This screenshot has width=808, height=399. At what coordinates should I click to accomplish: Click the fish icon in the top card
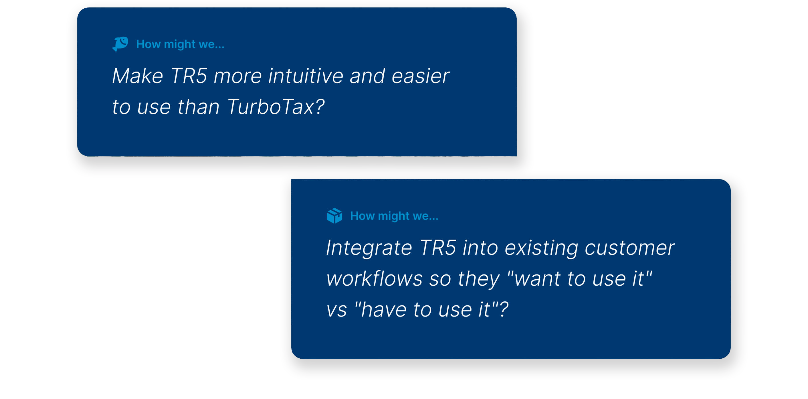click(120, 44)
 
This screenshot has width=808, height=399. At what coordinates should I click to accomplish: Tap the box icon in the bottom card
click(334, 216)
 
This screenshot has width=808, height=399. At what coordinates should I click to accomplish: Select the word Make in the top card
click(138, 76)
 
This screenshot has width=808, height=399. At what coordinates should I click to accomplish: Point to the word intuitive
click(306, 76)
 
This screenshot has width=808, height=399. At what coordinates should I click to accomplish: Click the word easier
click(420, 76)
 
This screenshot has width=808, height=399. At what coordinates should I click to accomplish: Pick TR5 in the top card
click(189, 76)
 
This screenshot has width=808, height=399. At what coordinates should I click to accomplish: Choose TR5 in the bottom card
click(438, 248)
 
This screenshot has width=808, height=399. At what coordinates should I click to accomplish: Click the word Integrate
click(369, 248)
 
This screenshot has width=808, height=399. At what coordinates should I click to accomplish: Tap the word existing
click(541, 248)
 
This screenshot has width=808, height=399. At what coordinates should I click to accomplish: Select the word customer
click(629, 248)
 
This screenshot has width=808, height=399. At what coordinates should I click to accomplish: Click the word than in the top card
click(199, 107)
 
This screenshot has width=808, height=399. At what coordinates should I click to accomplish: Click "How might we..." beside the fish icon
click(180, 44)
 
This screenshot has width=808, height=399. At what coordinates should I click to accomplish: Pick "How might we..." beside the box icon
click(394, 216)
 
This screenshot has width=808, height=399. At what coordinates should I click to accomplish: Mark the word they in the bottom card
click(479, 279)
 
